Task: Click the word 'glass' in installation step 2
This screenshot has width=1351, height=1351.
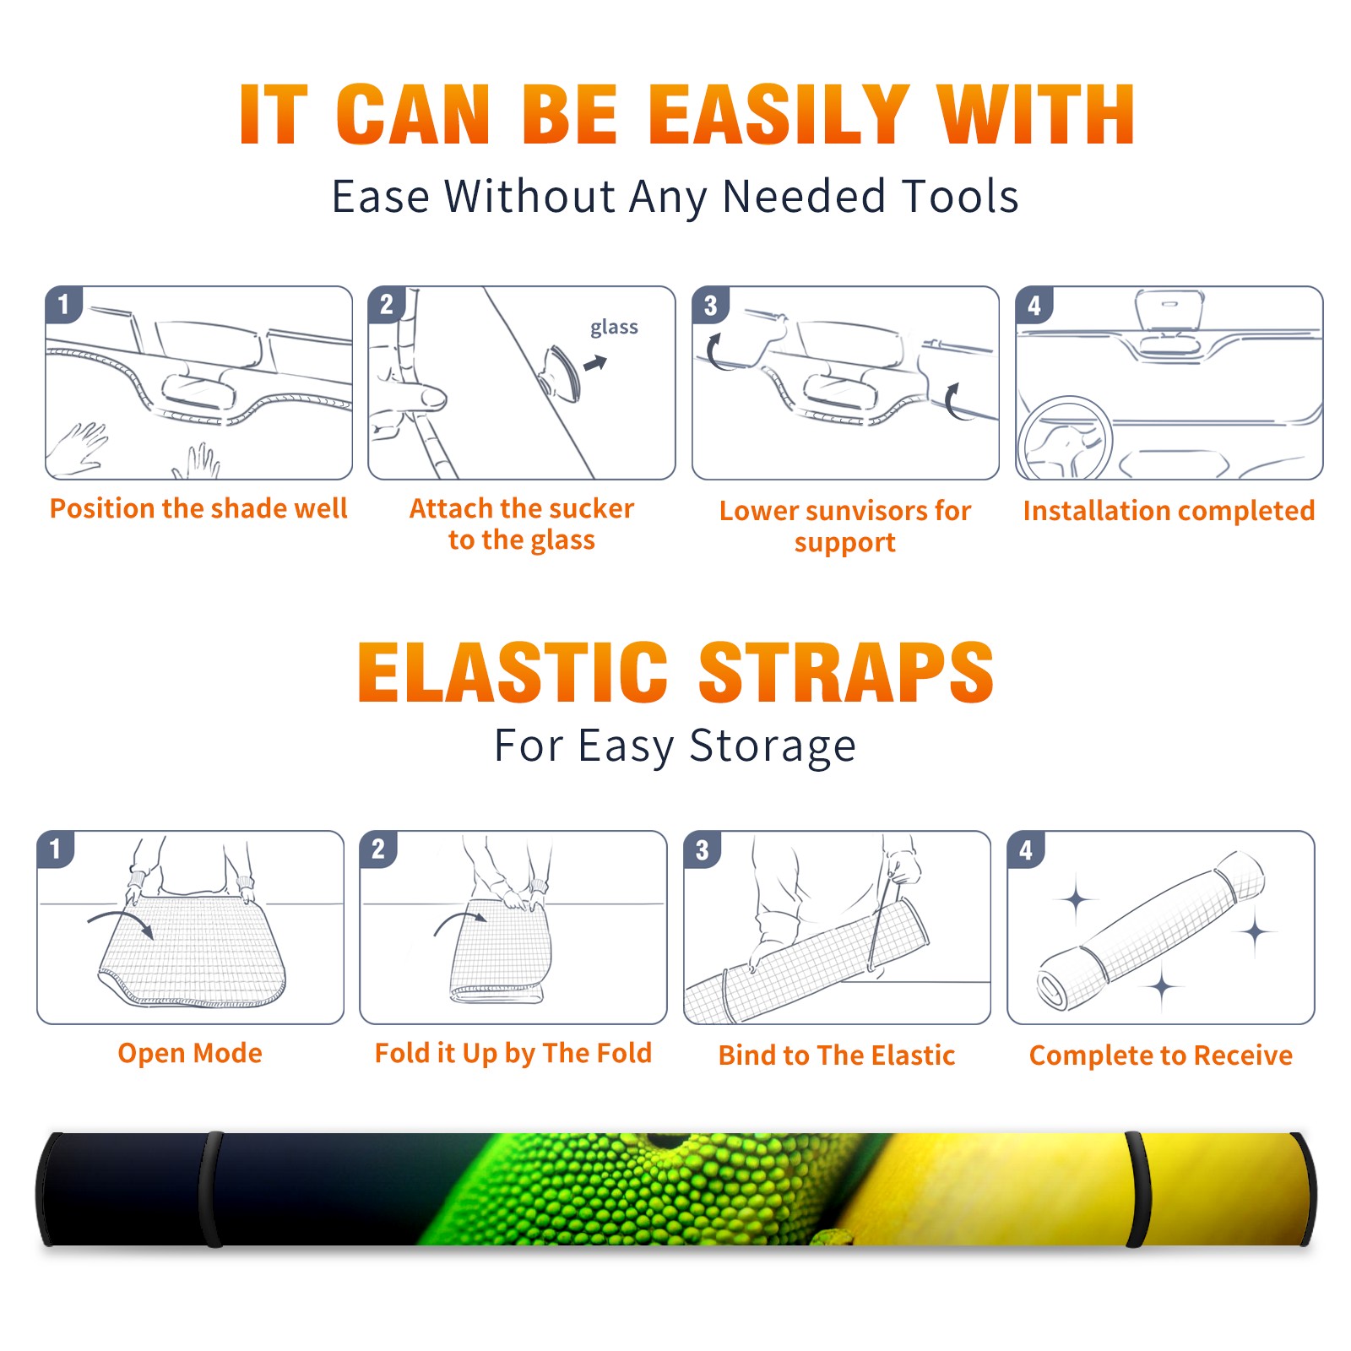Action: (614, 327)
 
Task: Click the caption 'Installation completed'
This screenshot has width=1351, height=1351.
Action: (1169, 510)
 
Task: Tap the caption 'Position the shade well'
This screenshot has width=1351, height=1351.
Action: (198, 508)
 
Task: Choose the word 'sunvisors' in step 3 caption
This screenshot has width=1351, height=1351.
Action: (863, 511)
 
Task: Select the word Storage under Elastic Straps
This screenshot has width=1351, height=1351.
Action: (773, 746)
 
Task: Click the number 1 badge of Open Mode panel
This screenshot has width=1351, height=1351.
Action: (56, 849)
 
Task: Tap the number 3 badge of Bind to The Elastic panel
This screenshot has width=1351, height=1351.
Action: (703, 849)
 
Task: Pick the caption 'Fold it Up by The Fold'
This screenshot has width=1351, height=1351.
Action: (513, 1053)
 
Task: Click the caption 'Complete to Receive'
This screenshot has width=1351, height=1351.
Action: (1161, 1055)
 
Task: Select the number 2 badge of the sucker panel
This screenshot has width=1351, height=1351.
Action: (387, 305)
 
